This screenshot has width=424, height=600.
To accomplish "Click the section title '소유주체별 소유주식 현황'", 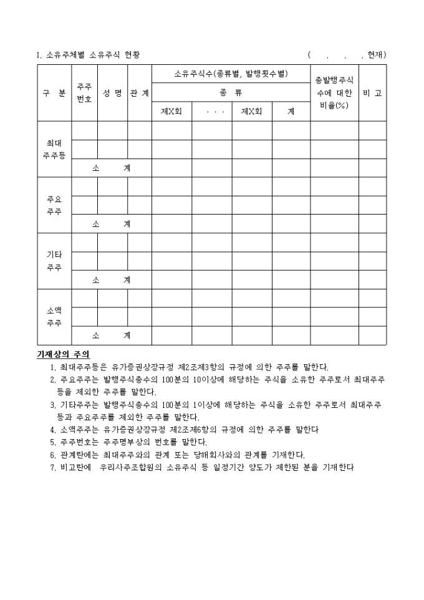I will coord(93,55).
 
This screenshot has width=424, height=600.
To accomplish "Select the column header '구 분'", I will coord(54,93).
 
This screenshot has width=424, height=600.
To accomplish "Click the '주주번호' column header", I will coord(84,93).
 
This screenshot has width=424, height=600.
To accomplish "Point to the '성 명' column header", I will coord(112,93).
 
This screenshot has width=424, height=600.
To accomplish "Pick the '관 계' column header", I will coord(140,93).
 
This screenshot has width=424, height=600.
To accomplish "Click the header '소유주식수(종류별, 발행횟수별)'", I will coord(231,74).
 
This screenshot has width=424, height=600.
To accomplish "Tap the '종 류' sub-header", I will coord(231,93).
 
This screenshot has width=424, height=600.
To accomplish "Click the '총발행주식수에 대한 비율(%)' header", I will coord(334,93).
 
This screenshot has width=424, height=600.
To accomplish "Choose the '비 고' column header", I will coord(372,93).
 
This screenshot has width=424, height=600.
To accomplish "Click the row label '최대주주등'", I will coord(54,150).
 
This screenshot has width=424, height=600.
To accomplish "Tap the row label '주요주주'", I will coord(54,206).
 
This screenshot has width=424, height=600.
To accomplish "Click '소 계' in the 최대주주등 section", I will coord(112,168).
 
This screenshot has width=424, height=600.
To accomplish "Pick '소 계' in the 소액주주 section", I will coord(112,336).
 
